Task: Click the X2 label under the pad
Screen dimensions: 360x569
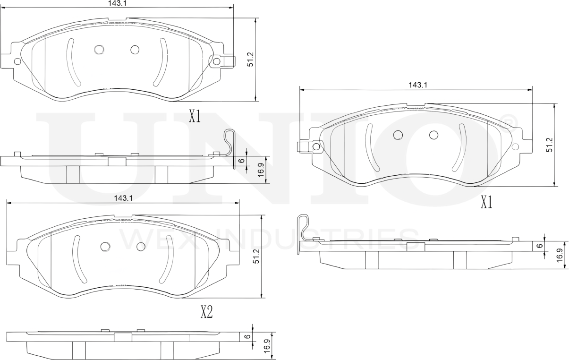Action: (206, 312)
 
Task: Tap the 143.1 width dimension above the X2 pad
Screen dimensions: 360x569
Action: (123, 199)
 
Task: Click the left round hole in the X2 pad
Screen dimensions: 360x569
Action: (105, 246)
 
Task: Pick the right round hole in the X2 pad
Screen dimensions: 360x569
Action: (140, 247)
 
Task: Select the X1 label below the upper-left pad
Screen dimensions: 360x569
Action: (195, 117)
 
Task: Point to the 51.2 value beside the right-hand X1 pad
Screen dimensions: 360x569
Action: (549, 148)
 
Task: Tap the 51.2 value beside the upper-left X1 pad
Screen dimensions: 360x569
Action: (251, 60)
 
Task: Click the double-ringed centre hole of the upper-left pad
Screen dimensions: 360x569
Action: (99, 49)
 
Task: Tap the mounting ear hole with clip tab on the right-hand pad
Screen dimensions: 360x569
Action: (316, 147)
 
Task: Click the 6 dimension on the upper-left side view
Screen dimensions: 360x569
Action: (241, 161)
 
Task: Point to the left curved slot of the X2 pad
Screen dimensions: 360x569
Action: (77, 259)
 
